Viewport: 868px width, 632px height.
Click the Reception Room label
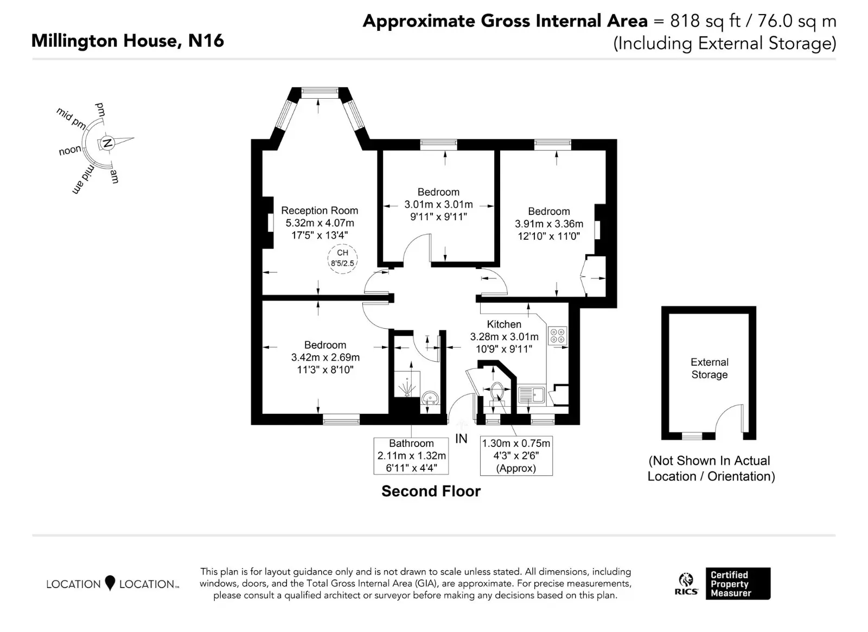(320, 210)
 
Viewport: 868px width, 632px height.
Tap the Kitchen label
(504, 324)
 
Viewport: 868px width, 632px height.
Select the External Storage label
(710, 368)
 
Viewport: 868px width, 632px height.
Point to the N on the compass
(107, 143)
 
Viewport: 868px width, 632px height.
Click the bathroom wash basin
(430, 398)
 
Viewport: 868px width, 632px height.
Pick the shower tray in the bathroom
(407, 384)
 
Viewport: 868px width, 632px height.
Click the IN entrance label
(461, 439)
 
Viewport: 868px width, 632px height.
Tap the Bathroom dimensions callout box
(411, 456)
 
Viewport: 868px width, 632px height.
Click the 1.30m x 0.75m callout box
(516, 456)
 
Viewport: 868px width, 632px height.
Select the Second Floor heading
(431, 491)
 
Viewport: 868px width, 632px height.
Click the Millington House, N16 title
(127, 41)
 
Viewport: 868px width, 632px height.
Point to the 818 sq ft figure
(705, 21)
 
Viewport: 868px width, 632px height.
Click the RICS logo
(686, 584)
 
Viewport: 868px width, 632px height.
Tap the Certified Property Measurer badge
(738, 584)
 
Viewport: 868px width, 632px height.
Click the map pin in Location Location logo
(110, 583)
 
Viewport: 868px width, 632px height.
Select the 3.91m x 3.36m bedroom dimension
(548, 224)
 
